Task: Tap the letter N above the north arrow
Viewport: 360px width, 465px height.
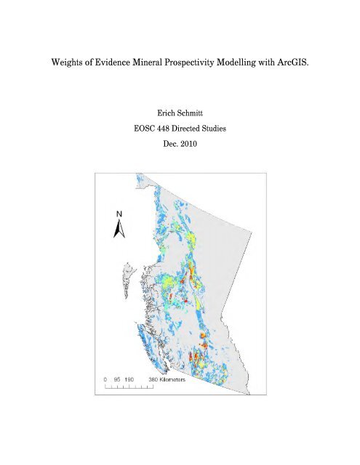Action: pos(119,215)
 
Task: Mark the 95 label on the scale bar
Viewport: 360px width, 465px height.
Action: pos(119,379)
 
